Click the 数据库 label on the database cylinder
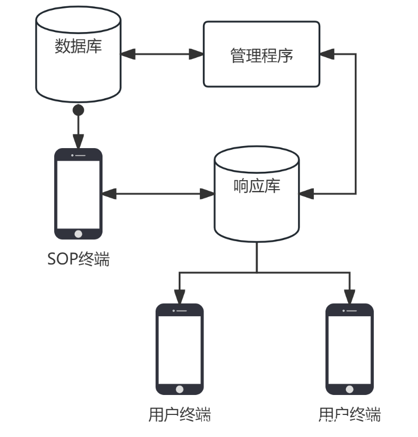78,46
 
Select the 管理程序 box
261,54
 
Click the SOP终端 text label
78,259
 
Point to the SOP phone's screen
78,193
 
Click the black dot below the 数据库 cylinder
78,110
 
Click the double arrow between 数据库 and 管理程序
162,54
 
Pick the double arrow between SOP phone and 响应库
158,194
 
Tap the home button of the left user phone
179,390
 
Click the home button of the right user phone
350,390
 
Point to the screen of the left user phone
179,349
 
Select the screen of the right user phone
350,349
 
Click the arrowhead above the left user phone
179,297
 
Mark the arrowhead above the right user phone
350,297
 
